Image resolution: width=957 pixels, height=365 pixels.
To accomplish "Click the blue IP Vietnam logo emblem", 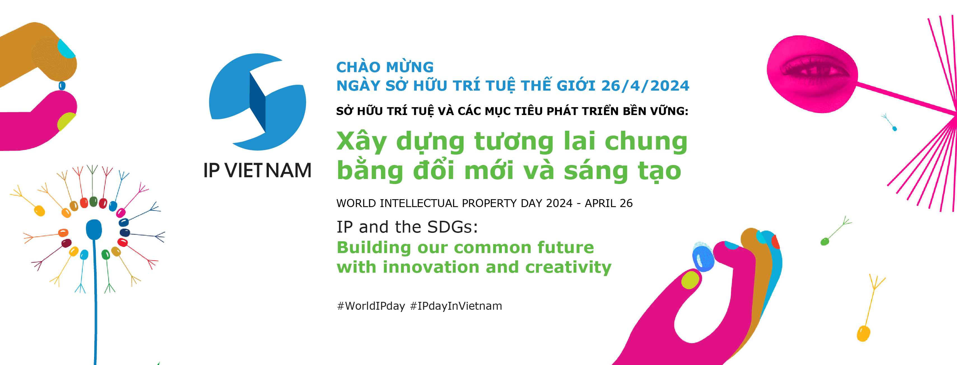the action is click(x=257, y=102).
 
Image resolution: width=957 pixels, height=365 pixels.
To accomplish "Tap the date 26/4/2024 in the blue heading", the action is click(x=645, y=86).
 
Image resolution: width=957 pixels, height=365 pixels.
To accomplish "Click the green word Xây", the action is click(x=362, y=142).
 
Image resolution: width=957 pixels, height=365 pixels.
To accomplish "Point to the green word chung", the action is click(x=646, y=141).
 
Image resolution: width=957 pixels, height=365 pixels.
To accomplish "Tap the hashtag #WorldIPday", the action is click(x=371, y=306).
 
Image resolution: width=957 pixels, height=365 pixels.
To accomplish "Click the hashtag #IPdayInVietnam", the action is click(x=456, y=306).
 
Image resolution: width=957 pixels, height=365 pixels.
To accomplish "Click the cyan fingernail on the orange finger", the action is click(x=66, y=48).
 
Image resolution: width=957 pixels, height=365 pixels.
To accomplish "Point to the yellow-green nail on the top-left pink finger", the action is click(x=66, y=121).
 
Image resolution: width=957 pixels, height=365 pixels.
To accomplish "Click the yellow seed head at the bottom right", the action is click(x=863, y=333).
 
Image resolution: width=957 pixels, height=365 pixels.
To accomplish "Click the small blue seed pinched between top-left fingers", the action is click(x=62, y=86).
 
